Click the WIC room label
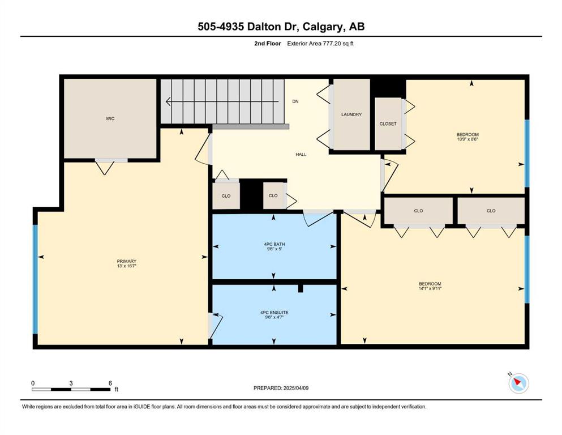[110, 118]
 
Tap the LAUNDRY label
[351, 114]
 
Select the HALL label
[301, 154]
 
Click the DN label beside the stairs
[295, 101]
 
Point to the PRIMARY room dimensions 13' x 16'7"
[127, 266]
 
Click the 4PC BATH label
[274, 244]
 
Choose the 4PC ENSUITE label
[274, 312]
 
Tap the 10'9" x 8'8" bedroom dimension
[467, 139]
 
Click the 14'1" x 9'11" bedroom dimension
[430, 288]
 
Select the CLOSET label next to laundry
[388, 123]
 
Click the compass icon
[518, 383]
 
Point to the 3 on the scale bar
[71, 383]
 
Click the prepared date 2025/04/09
[296, 388]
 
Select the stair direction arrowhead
[168, 102]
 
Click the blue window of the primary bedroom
[35, 279]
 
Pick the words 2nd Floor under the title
[268, 44]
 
